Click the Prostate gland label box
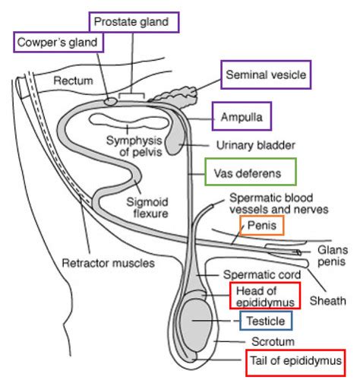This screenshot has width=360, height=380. (134, 22)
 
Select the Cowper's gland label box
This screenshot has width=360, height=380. (58, 42)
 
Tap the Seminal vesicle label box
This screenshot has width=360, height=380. (266, 74)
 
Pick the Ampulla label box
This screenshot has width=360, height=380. (242, 116)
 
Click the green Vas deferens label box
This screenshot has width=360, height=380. (251, 172)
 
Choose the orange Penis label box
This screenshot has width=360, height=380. (262, 226)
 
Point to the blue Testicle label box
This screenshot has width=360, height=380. (266, 321)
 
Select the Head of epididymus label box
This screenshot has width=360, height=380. (265, 296)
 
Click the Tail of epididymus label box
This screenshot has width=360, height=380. (295, 363)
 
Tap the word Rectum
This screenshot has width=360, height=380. (73, 81)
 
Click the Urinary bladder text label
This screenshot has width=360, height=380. (256, 145)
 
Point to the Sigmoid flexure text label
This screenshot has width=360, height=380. (147, 207)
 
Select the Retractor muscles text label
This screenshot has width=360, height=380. (109, 263)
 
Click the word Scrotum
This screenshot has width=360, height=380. (273, 342)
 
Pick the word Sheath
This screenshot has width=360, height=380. (328, 301)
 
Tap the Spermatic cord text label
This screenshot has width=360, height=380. (262, 274)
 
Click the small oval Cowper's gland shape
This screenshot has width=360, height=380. (110, 102)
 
